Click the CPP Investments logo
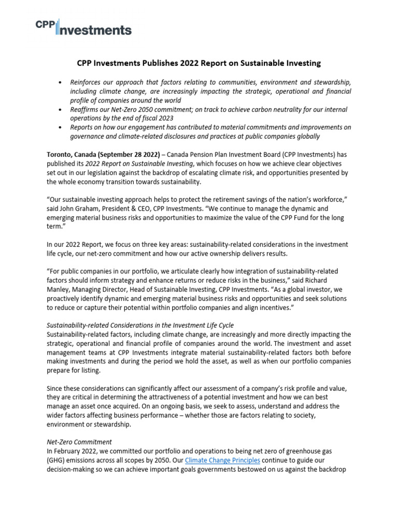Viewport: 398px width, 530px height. point(83,26)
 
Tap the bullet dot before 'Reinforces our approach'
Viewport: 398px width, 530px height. point(61,82)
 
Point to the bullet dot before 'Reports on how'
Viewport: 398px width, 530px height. point(61,128)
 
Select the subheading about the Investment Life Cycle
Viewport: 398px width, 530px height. point(140,325)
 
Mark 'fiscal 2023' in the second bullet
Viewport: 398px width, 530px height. point(147,119)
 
